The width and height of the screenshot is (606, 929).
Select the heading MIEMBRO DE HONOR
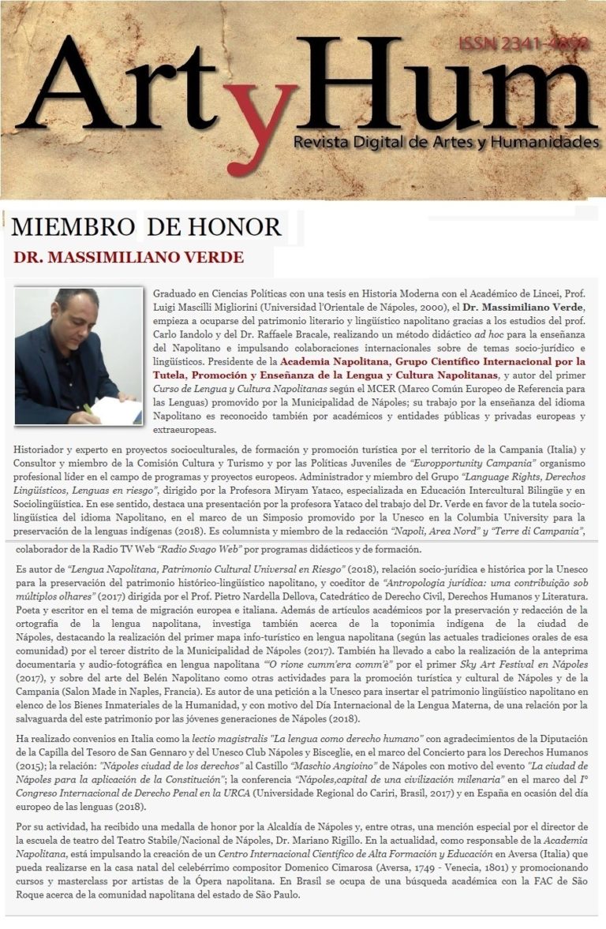[147, 228]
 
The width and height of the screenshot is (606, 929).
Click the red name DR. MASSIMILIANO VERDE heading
[129, 257]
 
